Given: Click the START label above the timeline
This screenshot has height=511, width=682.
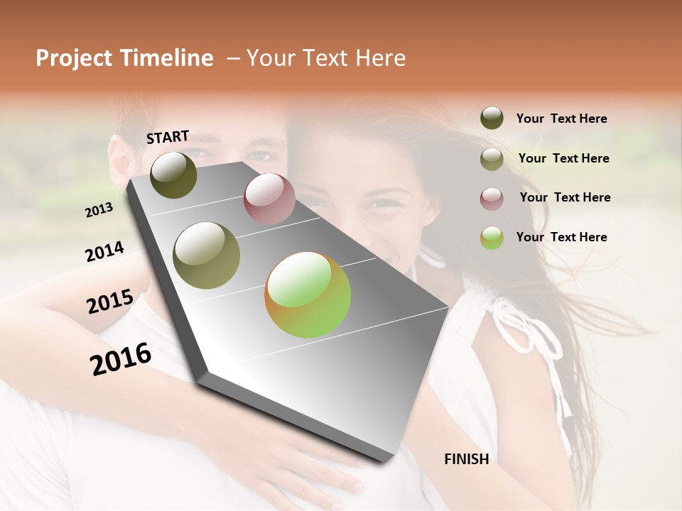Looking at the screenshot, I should pos(168,136).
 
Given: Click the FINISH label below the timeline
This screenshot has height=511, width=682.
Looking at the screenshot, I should pos(466,459).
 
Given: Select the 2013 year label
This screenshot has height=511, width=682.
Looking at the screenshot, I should pos(99,210).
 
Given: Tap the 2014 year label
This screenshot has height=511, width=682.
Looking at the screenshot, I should pos(104,252).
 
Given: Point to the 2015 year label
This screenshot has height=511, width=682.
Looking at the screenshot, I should pos(109,302).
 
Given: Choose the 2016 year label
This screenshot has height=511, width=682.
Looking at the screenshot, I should pos(121,358).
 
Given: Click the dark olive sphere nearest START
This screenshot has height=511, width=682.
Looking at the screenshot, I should pos(173,175).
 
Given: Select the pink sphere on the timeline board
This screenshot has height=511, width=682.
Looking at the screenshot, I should pos(269,199).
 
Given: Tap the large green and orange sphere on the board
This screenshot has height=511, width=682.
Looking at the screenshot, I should pos(308,295).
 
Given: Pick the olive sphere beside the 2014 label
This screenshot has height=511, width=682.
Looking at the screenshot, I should pos(206,255).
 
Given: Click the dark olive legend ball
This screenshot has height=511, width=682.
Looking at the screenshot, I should pos(492,119).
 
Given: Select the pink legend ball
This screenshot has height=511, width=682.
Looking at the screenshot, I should pos(492,199).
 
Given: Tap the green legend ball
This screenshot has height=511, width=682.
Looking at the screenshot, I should pos(492,238).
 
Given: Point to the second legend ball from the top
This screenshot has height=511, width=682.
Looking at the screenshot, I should pos(492,159).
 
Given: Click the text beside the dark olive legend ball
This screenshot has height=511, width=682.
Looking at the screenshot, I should pos(561,119).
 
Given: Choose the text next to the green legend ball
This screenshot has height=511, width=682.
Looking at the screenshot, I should pos(561,237).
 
